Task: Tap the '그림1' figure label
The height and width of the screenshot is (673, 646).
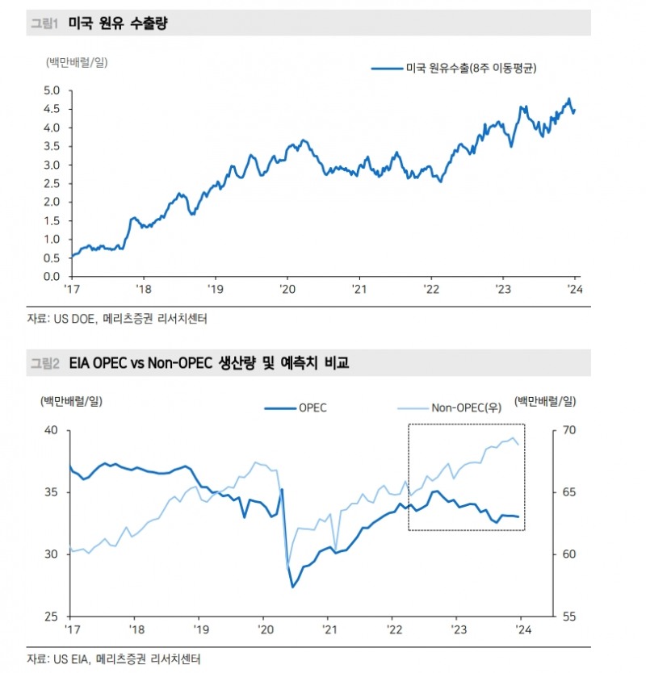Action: point(44,24)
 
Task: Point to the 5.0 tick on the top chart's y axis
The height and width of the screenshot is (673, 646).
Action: point(51,90)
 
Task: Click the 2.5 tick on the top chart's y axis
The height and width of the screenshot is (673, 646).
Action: point(51,183)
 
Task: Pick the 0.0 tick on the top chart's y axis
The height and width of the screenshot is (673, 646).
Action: point(51,277)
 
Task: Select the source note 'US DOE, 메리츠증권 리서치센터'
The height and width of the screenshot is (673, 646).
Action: point(117,319)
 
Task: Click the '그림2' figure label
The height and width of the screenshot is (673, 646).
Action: point(44,364)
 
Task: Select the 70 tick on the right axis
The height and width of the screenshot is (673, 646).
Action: point(568,431)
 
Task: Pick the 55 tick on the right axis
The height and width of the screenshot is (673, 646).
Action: point(568,617)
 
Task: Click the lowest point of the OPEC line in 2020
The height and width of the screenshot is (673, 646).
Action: point(292,586)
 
